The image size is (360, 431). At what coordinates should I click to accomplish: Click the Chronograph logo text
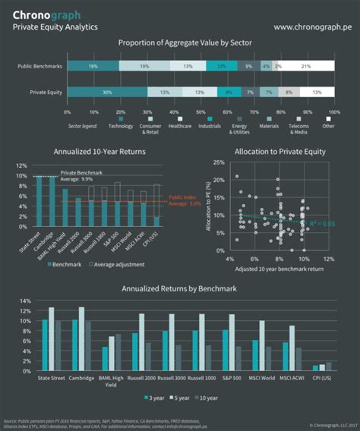click(x=48, y=14)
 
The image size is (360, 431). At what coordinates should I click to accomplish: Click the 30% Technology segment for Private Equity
click(x=108, y=92)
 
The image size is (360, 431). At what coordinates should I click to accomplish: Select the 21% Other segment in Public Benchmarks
click(x=305, y=66)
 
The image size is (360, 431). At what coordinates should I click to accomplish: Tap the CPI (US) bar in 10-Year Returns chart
click(x=156, y=222)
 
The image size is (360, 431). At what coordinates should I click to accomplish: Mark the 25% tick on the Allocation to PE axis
click(x=217, y=162)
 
